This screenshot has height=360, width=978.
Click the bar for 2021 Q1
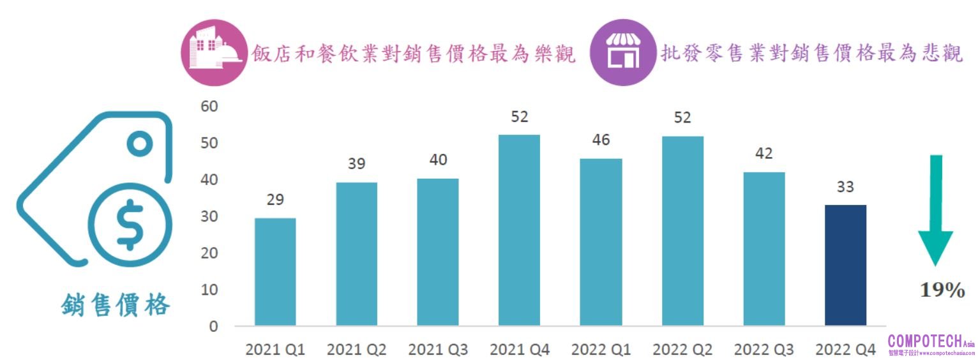click(275, 272)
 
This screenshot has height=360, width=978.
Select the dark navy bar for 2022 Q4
click(845, 266)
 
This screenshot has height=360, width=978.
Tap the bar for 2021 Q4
click(519, 230)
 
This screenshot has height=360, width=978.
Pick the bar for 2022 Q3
click(764, 249)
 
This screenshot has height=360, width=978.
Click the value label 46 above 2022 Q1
click(601, 139)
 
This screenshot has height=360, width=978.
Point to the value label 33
click(845, 187)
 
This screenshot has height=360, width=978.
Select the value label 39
click(356, 163)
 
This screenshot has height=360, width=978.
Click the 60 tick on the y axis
click(209, 107)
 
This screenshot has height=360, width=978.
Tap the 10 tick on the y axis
click(209, 290)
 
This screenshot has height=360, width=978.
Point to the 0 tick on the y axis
click(213, 327)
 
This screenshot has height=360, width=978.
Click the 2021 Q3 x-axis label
click(438, 350)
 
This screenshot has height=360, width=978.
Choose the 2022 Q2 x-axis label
click(682, 350)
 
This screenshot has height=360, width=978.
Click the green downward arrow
click(935, 211)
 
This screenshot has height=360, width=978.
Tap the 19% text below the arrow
click(942, 291)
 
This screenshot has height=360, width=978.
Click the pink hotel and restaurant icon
click(213, 52)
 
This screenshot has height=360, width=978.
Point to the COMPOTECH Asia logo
click(931, 344)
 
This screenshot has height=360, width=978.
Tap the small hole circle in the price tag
click(139, 144)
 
